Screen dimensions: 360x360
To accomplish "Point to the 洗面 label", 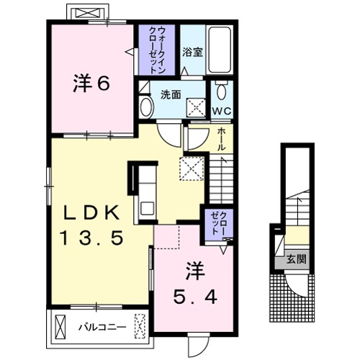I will click(x=171, y=93).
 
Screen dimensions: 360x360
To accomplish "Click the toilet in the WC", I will click(x=221, y=91).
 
